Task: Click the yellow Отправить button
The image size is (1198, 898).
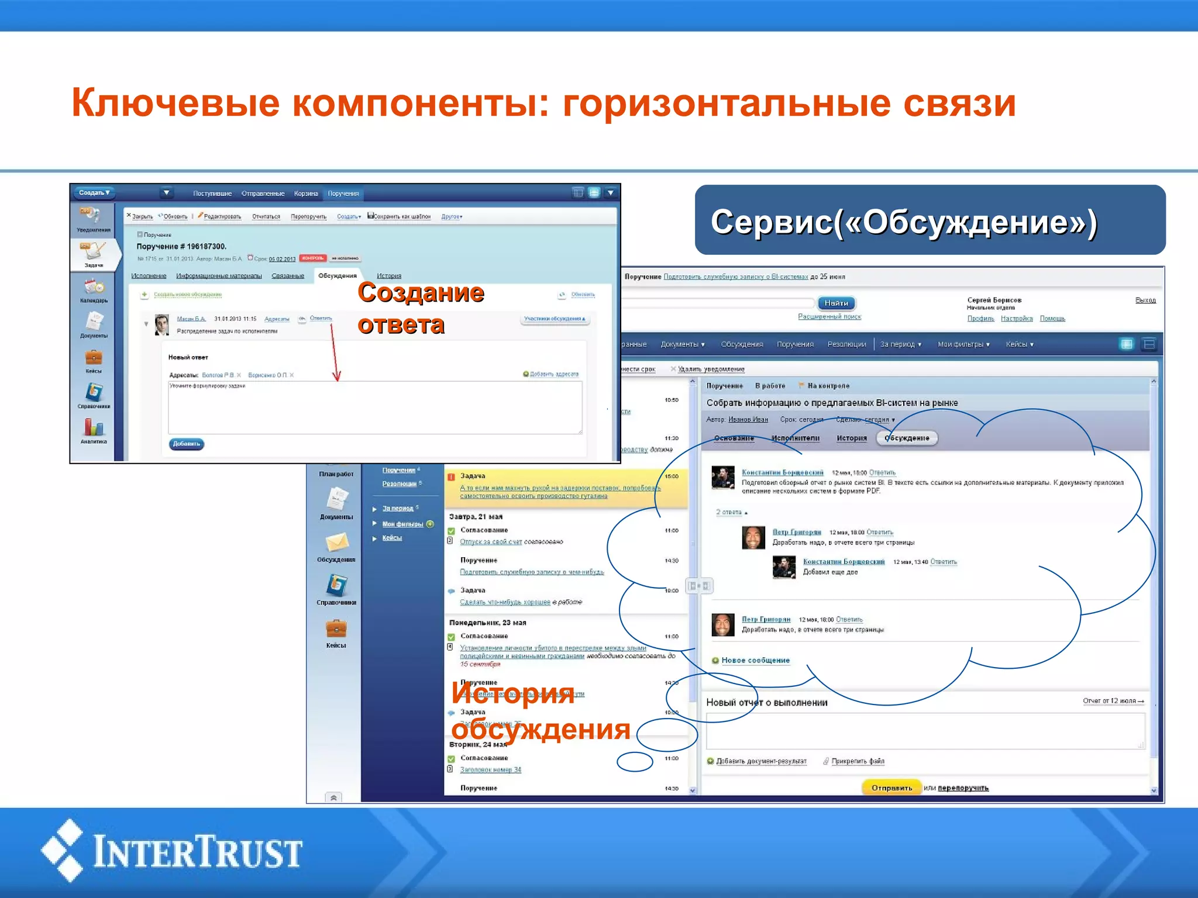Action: coord(891,788)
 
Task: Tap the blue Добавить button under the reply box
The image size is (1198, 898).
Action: coord(187,444)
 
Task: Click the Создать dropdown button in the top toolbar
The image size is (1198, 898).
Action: coord(94,192)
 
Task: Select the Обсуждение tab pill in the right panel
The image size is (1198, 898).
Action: coord(907,438)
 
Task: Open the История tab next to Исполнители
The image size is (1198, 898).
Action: coord(851,438)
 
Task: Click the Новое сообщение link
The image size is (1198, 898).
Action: coord(755,660)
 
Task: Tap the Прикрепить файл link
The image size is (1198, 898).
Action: coord(858,761)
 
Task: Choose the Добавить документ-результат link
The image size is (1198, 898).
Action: coord(761,761)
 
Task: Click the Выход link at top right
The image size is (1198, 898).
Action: coord(1145,300)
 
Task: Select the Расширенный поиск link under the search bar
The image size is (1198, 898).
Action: coord(829,316)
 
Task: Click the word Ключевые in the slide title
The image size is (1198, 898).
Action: coord(175,103)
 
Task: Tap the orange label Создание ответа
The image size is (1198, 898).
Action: coord(420,308)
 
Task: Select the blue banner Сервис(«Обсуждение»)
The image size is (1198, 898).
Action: coord(930,220)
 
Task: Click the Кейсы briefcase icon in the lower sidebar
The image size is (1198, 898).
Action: coord(336,630)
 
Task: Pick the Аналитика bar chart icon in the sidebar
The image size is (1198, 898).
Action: coord(94,427)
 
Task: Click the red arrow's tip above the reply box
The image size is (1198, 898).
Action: coord(337,379)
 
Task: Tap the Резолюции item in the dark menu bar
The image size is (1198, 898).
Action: coord(846,344)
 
